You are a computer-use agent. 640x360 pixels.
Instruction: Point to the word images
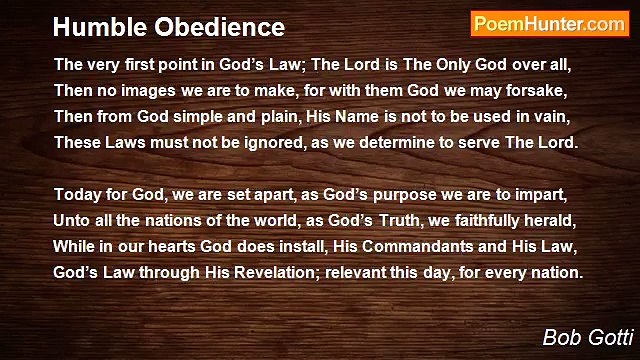[x=138, y=90]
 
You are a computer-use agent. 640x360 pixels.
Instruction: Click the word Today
[x=77, y=194]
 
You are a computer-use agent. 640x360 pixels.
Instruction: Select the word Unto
[x=72, y=220]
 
